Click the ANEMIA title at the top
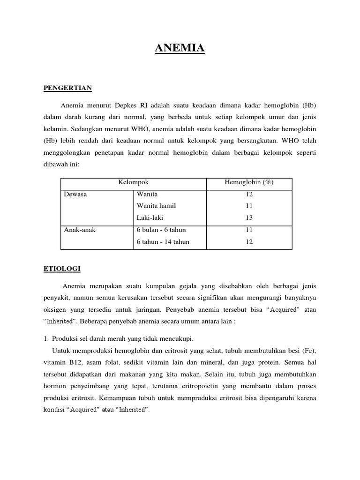[180, 48]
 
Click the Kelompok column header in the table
[134, 182]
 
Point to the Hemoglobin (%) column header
[249, 182]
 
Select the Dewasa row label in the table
[75, 194]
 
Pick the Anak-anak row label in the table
[80, 230]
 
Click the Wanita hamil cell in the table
[157, 206]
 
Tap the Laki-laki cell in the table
[150, 218]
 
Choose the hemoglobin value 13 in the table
[249, 218]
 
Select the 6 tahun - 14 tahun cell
[163, 242]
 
